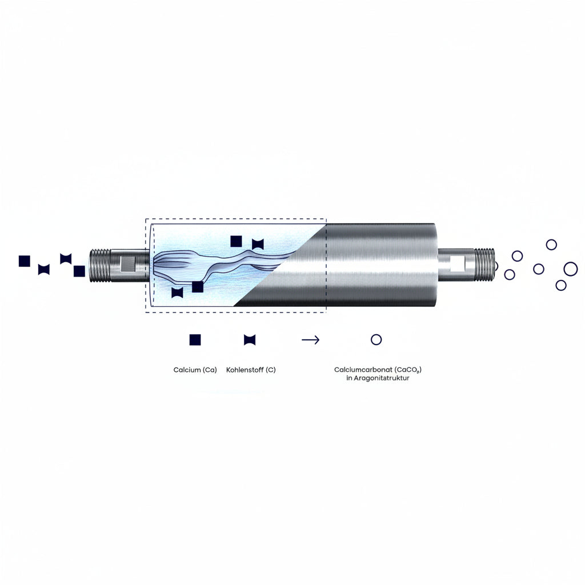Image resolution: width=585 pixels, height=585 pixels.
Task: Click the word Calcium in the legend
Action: point(187,370)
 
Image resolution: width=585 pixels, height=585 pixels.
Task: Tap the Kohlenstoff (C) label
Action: point(251,370)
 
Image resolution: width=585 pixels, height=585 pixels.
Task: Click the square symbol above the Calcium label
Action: point(195,340)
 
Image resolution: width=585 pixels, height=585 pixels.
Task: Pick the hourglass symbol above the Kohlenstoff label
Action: point(250,340)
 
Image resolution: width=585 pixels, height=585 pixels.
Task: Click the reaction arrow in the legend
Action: point(310,340)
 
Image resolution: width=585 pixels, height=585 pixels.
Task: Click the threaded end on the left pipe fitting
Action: point(101,266)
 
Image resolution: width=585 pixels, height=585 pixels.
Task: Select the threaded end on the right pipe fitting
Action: point(484,265)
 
